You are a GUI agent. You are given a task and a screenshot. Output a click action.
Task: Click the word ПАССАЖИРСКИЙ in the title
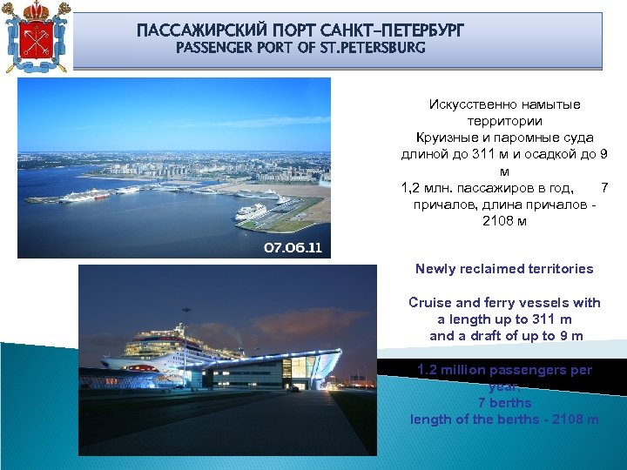(191, 31)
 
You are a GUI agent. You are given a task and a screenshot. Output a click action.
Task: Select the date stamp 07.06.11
(293, 248)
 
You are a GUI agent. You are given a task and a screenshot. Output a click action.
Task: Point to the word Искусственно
(467, 104)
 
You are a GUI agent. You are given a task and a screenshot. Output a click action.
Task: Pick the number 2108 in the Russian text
(497, 221)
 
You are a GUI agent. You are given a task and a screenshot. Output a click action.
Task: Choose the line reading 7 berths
(504, 403)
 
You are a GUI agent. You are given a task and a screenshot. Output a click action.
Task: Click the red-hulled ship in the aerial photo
(82, 198)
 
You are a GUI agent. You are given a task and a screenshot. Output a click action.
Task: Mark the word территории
(504, 121)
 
